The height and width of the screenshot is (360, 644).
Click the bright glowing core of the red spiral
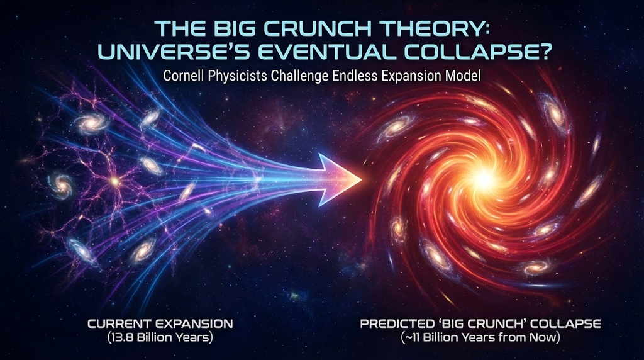(x=484, y=177)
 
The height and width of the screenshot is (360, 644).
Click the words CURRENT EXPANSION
(x=160, y=323)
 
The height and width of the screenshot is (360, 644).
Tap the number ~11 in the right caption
(x=412, y=338)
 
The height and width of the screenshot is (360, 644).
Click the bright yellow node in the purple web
(x=116, y=181)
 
